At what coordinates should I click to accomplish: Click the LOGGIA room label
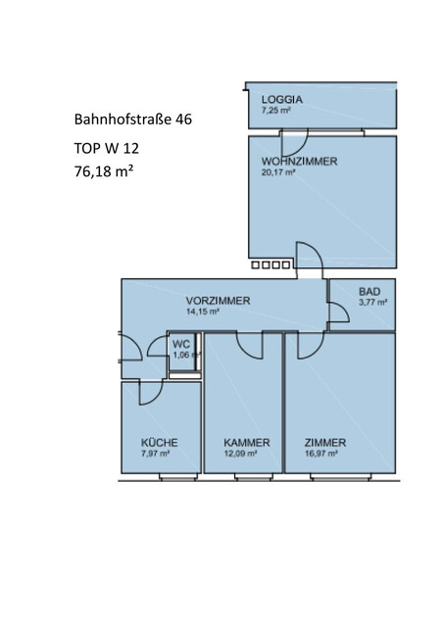coord(281,99)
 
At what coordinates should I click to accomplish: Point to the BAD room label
coord(369,292)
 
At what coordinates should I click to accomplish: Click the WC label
coord(180,344)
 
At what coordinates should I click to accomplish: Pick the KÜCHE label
coord(157,442)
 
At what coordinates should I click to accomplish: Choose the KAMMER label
coord(240,442)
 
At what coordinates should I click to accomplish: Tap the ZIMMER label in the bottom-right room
coord(325,442)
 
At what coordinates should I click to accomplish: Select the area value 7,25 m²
coord(275,111)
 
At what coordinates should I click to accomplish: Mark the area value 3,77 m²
coord(372,303)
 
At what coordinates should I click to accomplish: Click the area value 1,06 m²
coord(181,355)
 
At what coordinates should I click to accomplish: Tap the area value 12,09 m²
coord(239,454)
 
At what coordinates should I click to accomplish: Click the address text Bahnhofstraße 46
coord(132,121)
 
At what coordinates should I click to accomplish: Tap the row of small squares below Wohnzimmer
coord(271,265)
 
